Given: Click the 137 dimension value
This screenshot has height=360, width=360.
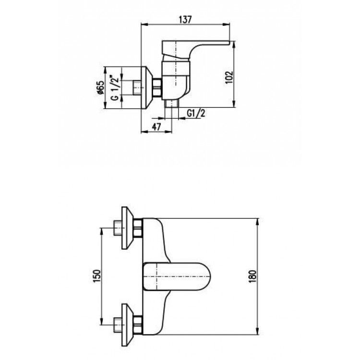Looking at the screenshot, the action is click(x=185, y=20).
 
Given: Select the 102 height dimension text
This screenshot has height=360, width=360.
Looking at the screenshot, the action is click(x=229, y=78).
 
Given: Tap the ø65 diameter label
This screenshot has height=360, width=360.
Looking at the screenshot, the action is click(x=101, y=87).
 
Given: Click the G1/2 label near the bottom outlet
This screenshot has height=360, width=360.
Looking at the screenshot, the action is click(x=196, y=113).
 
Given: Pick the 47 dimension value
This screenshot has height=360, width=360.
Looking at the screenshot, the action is click(x=156, y=127).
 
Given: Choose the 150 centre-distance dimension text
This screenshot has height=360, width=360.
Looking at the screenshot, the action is click(x=97, y=276).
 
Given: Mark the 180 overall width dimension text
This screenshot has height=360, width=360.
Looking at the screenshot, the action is click(x=252, y=276).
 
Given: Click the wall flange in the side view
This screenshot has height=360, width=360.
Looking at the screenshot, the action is click(x=146, y=87).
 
